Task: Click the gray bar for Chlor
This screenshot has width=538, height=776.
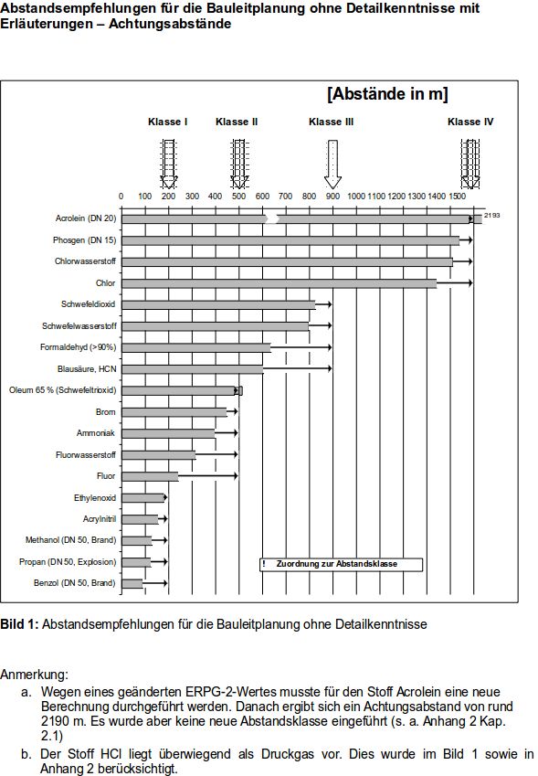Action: pyautogui.click(x=279, y=283)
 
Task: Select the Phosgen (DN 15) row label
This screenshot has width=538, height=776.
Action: pyautogui.click(x=84, y=240)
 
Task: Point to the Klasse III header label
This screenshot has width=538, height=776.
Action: pyautogui.click(x=331, y=122)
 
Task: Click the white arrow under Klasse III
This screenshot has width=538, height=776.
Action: pyautogui.click(x=332, y=164)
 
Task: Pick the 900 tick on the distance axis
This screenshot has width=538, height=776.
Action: pyautogui.click(x=332, y=197)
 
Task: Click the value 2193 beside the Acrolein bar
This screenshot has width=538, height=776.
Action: pyautogui.click(x=491, y=215)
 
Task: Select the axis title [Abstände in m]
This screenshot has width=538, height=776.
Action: pyautogui.click(x=387, y=94)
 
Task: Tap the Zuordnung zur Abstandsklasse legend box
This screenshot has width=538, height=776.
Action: pyautogui.click(x=341, y=565)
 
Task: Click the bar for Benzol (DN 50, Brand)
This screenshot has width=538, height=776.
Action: pyautogui.click(x=132, y=583)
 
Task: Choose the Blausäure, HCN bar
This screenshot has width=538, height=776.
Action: pyautogui.click(x=192, y=369)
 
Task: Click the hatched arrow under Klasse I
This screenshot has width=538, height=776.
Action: pyautogui.click(x=168, y=164)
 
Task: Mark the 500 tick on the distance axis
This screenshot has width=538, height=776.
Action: pyautogui.click(x=238, y=197)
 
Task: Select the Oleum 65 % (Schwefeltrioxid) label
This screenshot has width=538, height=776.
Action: pyautogui.click(x=62, y=390)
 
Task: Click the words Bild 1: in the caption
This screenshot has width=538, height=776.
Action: pyautogui.click(x=19, y=624)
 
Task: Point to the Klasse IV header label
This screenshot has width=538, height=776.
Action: pyautogui.click(x=470, y=122)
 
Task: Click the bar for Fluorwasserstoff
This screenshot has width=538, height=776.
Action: pyautogui.click(x=158, y=455)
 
